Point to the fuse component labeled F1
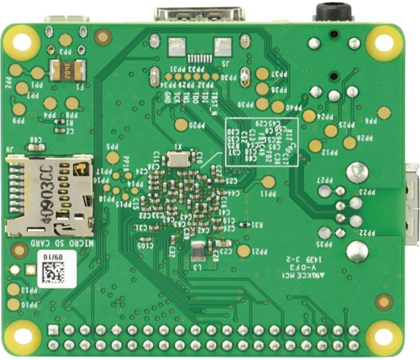coord(67,70)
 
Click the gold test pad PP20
coord(181,124)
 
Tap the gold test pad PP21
coord(244,251)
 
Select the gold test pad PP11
coord(268,182)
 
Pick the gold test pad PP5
coord(113,158)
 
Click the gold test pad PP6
coord(384,112)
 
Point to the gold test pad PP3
coord(66,40)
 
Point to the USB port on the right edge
coord(412,204)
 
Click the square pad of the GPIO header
coord(52,330)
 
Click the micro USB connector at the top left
coord(67,19)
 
